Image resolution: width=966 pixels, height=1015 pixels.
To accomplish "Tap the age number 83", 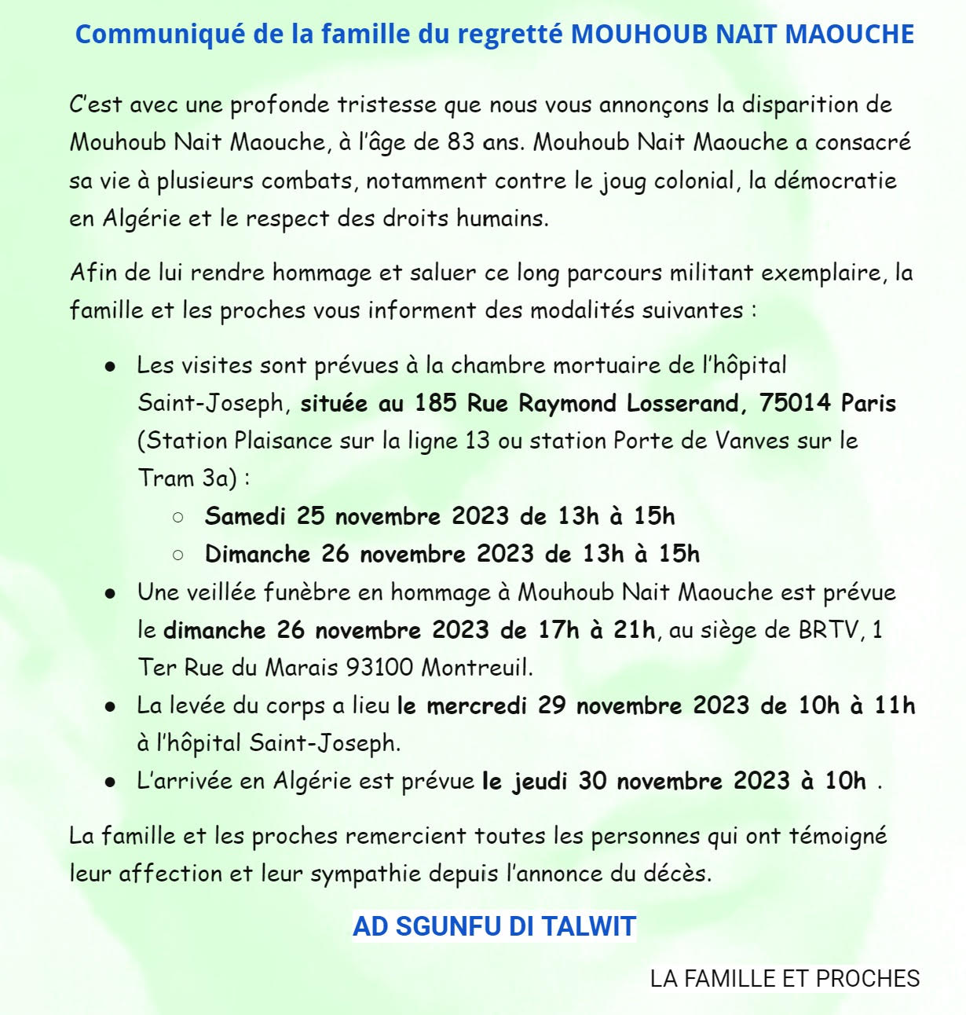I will [461, 142].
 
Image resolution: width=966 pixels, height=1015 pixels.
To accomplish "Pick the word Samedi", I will [245, 516].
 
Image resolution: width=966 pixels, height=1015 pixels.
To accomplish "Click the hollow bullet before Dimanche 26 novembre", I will [177, 555].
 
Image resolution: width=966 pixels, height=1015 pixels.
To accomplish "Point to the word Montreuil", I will [477, 668].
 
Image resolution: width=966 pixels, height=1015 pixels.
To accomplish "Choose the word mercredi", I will [477, 705].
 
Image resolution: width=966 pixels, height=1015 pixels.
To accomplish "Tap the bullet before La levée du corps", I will [111, 706].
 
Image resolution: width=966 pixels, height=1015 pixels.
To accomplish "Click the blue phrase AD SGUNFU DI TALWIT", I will [494, 926].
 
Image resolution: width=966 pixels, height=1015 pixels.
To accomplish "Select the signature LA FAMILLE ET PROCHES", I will [785, 979].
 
